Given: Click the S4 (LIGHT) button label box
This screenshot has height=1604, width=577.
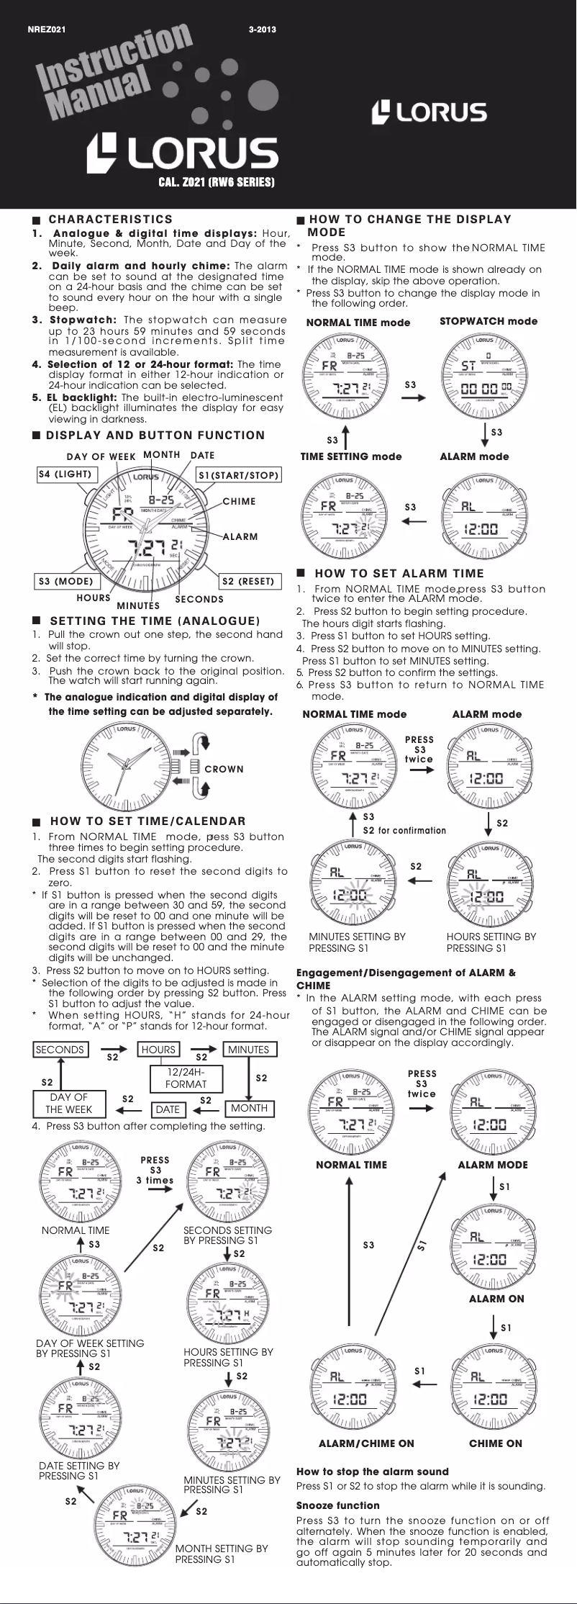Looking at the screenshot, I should [x=64, y=474].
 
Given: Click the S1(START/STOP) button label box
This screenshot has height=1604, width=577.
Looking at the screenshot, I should [x=238, y=475].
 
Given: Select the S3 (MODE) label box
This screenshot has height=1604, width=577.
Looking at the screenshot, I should [x=65, y=581].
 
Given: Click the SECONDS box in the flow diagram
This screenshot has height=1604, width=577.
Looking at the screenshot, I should [x=60, y=1050].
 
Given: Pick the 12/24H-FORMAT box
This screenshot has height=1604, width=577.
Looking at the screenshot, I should [x=186, y=1078].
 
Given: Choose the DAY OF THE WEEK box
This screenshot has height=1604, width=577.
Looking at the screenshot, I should [x=68, y=1103].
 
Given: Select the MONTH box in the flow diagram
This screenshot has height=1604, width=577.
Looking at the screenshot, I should [x=249, y=1108].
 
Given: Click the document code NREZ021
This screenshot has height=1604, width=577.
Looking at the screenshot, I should [x=47, y=30].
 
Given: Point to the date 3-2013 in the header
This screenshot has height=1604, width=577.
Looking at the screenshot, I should [x=262, y=30].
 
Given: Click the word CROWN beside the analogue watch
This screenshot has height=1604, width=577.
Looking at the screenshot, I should [x=224, y=769].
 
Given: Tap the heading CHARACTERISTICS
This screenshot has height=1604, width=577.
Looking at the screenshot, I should [x=110, y=220].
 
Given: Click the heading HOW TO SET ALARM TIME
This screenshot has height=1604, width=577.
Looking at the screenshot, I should [x=399, y=574].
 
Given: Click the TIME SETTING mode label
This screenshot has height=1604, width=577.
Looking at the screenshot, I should [x=351, y=456].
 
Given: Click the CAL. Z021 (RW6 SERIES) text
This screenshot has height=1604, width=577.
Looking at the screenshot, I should [x=216, y=182].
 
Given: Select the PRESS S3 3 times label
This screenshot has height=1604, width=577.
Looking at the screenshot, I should [x=155, y=1170].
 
